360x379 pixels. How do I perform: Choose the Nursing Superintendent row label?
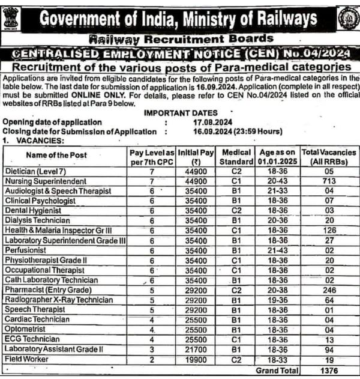pyautogui.click(x=46, y=181)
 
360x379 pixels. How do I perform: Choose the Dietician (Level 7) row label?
pyautogui.click(x=37, y=171)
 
